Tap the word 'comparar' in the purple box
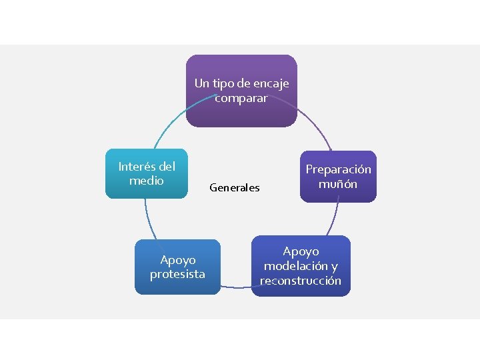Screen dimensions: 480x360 tap(241, 98)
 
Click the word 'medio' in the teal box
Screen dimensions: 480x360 tap(147, 180)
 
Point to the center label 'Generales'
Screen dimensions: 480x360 tap(235, 188)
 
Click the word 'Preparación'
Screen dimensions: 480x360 tap(338, 169)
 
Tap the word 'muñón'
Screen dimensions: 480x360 tap(338, 183)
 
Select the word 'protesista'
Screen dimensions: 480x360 tap(177, 274)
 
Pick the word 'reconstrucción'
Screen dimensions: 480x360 tap(301, 281)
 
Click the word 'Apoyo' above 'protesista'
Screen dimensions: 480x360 tap(178, 260)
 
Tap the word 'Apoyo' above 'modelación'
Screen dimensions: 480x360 tap(301, 251)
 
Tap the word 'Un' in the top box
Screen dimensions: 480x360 tap(202, 83)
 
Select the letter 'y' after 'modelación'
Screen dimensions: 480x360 tap(334, 267)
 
